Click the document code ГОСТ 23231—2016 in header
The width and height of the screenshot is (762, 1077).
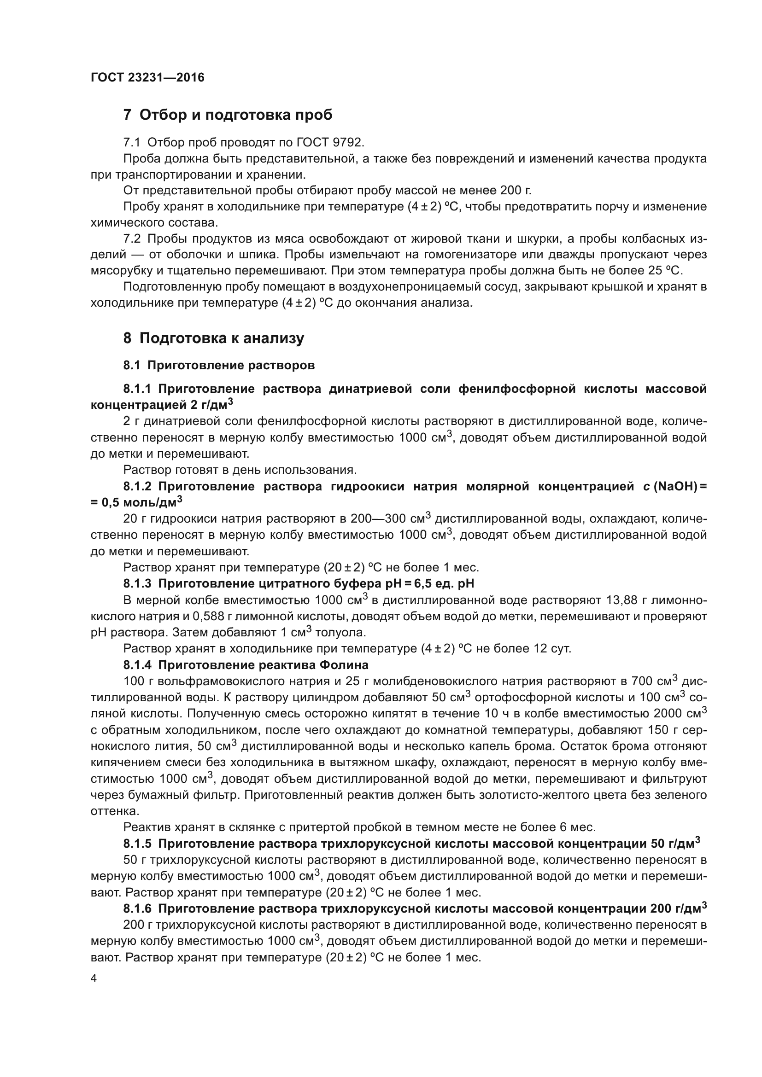click(x=147, y=77)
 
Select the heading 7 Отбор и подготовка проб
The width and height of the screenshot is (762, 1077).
click(x=228, y=115)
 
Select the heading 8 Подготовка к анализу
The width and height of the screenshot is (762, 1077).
click(x=213, y=338)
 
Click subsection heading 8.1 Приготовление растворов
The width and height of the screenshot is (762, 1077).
click(x=219, y=366)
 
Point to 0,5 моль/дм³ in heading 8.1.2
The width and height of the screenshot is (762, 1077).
click(x=141, y=502)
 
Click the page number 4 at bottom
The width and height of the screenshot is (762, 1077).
click(x=94, y=979)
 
